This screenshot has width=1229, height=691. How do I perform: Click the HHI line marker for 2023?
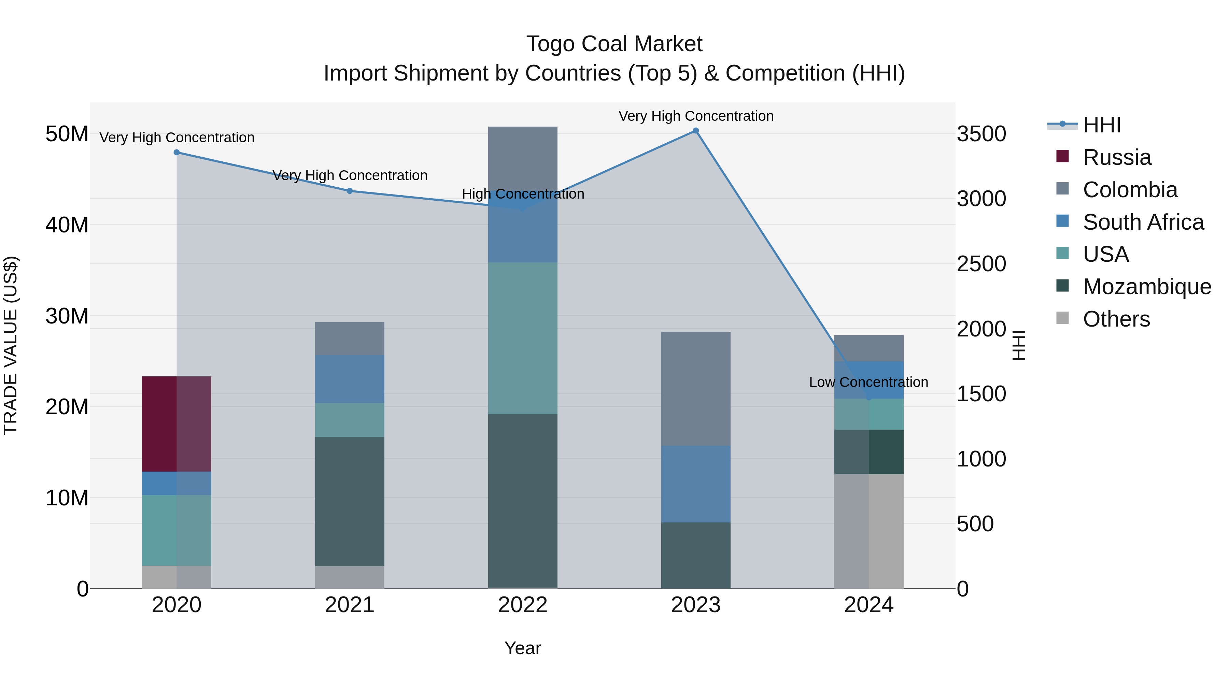(x=696, y=131)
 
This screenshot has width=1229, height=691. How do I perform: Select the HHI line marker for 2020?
(x=176, y=152)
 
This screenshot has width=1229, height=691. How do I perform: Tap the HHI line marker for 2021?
(x=350, y=191)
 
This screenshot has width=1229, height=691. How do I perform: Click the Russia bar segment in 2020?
(x=176, y=423)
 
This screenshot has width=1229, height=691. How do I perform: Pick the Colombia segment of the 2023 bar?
(x=696, y=389)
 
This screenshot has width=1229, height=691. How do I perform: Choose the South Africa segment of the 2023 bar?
(x=696, y=484)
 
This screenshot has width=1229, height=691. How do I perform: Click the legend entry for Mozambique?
(x=1146, y=287)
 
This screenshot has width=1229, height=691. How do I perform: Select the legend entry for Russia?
(x=1116, y=157)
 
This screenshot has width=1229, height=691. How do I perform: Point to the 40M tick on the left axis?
(x=67, y=225)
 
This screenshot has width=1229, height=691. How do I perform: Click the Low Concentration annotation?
(x=868, y=382)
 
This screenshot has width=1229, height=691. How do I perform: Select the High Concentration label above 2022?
(x=523, y=193)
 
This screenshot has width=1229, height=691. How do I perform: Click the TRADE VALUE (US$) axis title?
(x=11, y=345)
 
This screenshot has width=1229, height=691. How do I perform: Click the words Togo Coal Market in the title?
(x=614, y=44)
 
